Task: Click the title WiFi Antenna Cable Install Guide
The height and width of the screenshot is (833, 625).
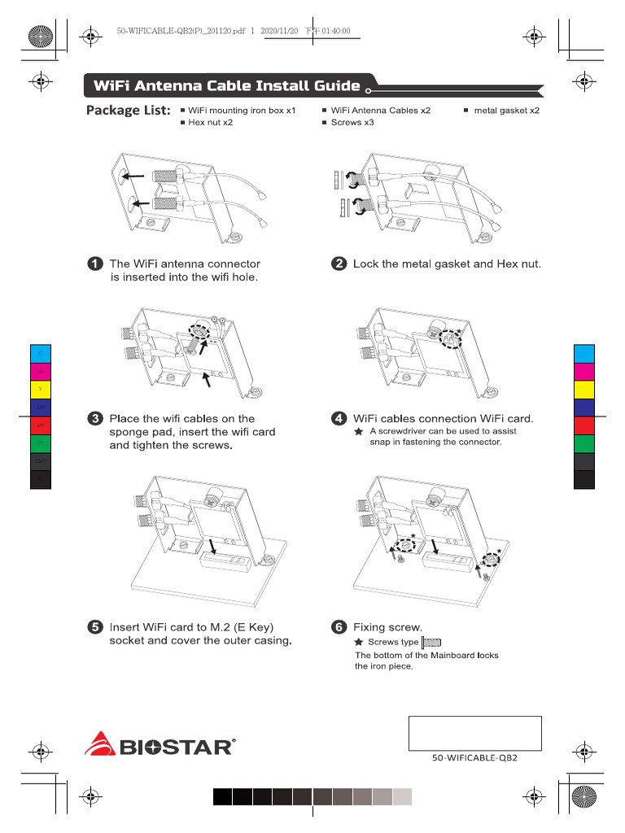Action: (226, 86)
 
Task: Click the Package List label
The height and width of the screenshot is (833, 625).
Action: (128, 110)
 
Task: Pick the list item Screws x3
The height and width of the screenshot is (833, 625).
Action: (352, 122)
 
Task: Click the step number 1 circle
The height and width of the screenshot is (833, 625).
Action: (95, 264)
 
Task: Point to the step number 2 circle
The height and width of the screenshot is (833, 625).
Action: (339, 264)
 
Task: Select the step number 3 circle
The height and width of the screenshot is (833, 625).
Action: (95, 419)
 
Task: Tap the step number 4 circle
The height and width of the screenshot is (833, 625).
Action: (339, 419)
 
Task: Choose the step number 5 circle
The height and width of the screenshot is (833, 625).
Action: (95, 627)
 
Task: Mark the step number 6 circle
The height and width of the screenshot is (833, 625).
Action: (339, 627)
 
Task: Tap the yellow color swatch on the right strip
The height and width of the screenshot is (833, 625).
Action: (584, 390)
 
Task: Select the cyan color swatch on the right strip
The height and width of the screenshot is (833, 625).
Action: (584, 354)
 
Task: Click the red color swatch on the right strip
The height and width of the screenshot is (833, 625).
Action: (584, 425)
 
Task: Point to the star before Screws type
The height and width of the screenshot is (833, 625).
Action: (359, 642)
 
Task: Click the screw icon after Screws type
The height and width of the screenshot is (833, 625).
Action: (431, 642)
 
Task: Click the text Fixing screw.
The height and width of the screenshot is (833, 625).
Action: (387, 627)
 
